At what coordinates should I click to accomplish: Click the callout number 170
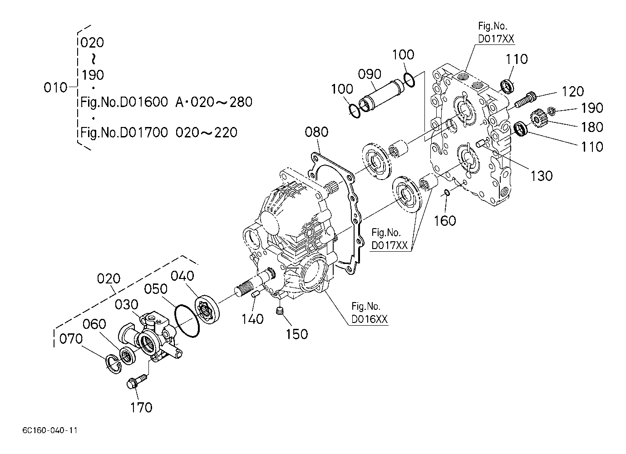tap(142, 408)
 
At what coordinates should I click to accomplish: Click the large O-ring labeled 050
tap(187, 321)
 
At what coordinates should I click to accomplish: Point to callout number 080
tap(316, 132)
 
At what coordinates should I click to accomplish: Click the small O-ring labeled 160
tap(447, 192)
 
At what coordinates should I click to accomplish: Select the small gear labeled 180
tap(536, 119)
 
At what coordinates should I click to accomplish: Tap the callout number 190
tap(592, 108)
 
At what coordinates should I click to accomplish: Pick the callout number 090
tap(370, 74)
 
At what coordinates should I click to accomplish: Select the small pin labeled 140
tap(256, 294)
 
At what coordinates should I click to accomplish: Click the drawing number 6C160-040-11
tap(50, 430)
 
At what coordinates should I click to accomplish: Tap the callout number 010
tap(55, 88)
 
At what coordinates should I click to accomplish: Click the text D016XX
tap(370, 319)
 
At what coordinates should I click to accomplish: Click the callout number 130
tap(542, 176)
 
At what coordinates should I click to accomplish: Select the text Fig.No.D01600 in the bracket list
tap(124, 102)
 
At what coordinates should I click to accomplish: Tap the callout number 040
tap(182, 276)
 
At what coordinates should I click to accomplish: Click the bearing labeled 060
tap(128, 356)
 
